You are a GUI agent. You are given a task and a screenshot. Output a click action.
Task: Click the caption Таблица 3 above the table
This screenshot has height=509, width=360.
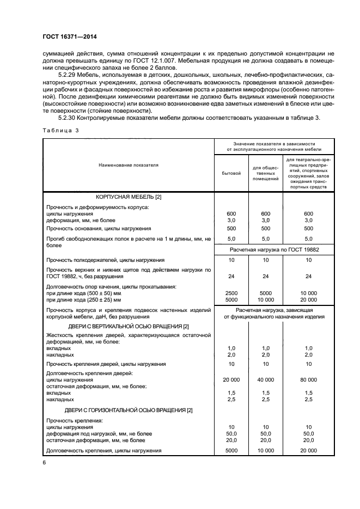coord(61,131)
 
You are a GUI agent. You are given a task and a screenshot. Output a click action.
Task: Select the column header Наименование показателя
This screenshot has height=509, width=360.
coord(129,164)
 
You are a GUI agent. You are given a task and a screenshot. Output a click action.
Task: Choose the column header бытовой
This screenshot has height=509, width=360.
coord(231,173)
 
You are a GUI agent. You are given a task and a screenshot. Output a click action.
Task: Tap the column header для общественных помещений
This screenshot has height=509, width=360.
coord(266,173)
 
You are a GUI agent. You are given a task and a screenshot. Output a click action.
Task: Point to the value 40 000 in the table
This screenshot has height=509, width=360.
coord(266,379)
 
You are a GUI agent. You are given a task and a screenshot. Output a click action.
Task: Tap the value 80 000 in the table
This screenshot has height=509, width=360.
coord(308,379)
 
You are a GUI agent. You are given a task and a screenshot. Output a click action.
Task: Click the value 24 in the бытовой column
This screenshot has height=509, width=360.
coord(231,275)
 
